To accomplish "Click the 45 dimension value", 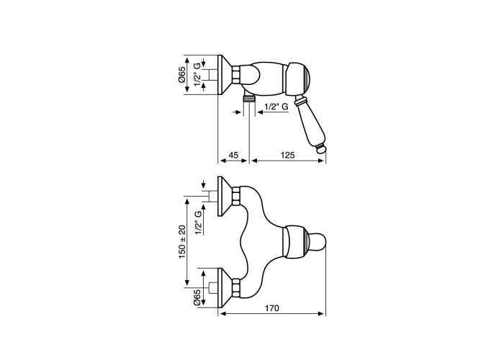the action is (x=234, y=156).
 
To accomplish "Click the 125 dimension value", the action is (x=288, y=156).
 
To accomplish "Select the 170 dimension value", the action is (x=272, y=308).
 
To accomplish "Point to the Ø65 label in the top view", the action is (x=182, y=75).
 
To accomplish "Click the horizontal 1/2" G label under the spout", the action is (x=276, y=107).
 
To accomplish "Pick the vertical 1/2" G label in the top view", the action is (x=197, y=75).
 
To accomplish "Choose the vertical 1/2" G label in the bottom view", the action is (x=199, y=223).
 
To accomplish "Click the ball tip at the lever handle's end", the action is (x=321, y=149).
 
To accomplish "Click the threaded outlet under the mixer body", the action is (x=249, y=98).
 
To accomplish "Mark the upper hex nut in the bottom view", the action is (x=236, y=196).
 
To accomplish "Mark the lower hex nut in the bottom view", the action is (x=236, y=287).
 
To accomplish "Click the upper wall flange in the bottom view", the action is (x=225, y=196).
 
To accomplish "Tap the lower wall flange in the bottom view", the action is (x=225, y=287).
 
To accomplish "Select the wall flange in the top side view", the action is (x=225, y=75).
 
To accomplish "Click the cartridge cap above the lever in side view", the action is (x=299, y=79).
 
